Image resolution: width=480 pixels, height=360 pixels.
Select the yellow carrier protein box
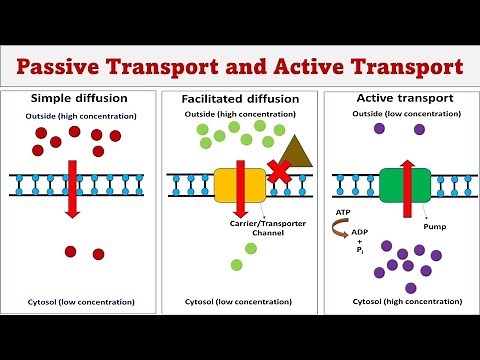click(x=239, y=185)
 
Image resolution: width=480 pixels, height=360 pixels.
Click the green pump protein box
click(x=403, y=184)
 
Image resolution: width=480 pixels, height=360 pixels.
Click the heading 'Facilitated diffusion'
click(x=239, y=100)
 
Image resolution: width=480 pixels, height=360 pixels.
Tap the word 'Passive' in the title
click(x=66, y=67)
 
